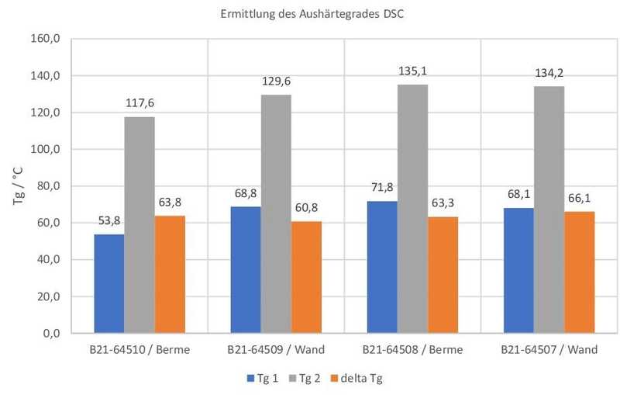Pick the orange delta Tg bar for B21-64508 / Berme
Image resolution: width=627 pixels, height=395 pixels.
(443, 275)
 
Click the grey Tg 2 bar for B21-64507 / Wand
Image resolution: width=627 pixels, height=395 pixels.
(549, 210)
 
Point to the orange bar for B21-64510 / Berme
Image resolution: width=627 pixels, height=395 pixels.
(170, 274)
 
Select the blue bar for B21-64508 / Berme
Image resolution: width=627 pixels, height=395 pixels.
(382, 267)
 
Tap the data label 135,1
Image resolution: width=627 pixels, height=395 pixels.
(412, 71)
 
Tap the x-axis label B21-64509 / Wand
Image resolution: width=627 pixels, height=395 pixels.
(276, 350)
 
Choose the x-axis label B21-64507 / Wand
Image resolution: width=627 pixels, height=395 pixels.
(549, 350)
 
